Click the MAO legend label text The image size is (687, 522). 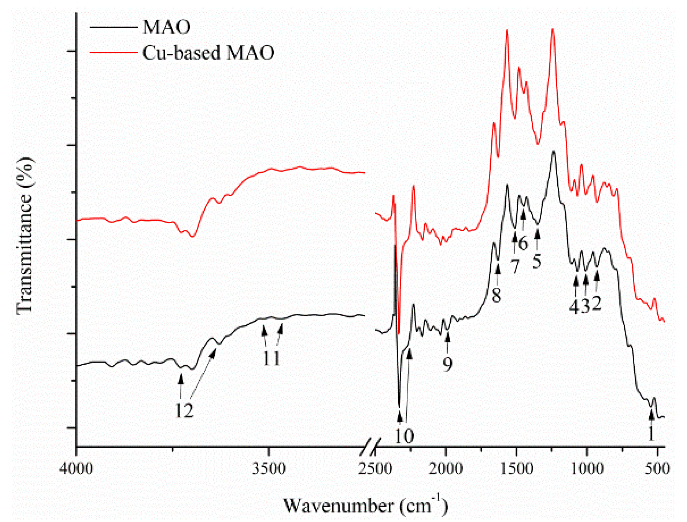[167, 27]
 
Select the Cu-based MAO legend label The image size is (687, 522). [208, 53]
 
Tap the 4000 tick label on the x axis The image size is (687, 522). [76, 468]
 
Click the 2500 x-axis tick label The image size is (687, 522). [375, 468]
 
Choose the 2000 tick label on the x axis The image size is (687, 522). [446, 468]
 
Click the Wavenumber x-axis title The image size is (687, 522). [365, 505]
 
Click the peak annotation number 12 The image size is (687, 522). [184, 411]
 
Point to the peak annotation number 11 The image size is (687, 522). [272, 358]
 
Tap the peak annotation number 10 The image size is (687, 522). [404, 436]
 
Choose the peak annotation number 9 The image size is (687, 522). [448, 364]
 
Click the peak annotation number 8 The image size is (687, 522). [497, 295]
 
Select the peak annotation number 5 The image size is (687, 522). [537, 261]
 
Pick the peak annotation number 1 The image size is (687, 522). [651, 433]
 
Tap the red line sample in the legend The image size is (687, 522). [113, 53]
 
